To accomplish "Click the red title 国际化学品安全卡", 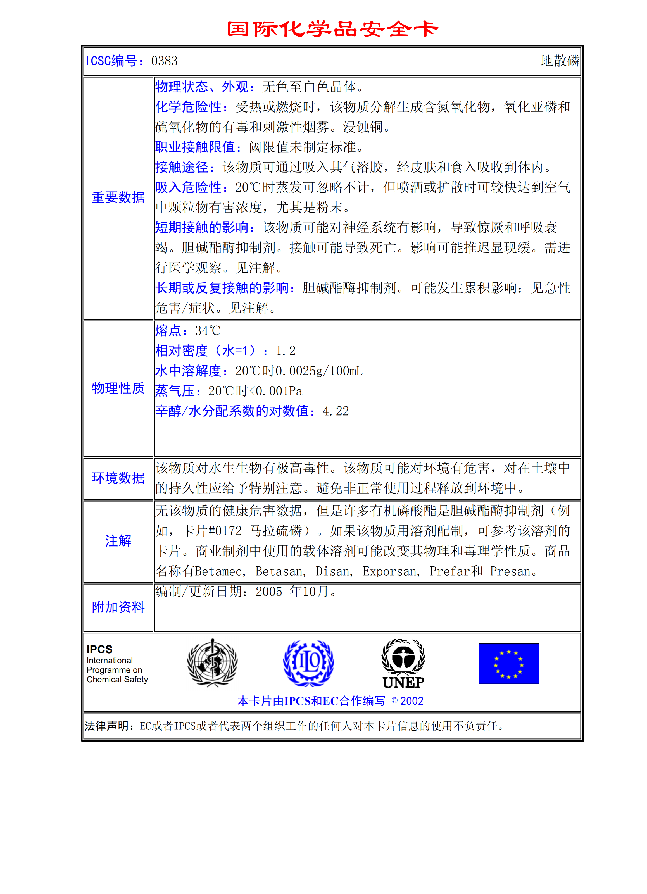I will click(332, 29).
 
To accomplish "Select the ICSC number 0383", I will click(165, 61).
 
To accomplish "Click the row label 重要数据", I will click(118, 197).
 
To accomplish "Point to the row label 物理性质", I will click(118, 388).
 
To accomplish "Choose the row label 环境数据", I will click(118, 478).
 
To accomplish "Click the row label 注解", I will click(118, 541).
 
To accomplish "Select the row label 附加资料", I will click(118, 607).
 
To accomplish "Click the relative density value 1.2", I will click(286, 351).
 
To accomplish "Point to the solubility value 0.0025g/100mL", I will click(318, 371).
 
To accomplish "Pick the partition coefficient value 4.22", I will click(336, 411).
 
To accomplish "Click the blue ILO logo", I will click(308, 663).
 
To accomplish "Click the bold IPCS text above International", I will click(99, 649).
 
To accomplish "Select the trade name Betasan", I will click(280, 571).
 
